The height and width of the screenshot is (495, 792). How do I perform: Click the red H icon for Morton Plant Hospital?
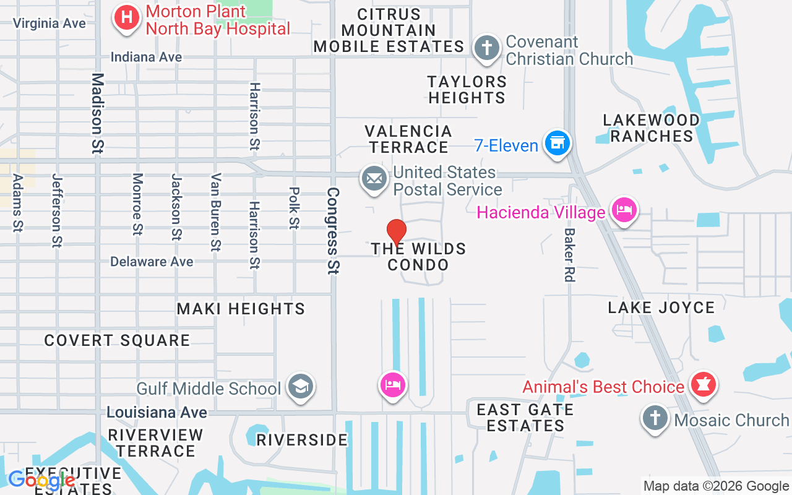coord(127,17)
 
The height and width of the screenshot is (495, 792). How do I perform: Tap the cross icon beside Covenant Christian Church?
coord(487,48)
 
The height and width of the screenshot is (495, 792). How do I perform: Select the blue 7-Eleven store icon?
coord(557,144)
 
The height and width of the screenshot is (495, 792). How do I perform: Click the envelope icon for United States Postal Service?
coord(374,179)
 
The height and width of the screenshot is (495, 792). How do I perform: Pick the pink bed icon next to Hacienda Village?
coord(624,210)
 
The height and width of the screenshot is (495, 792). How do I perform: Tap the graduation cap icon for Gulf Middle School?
coord(301,387)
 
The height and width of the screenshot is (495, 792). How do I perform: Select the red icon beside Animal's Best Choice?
coord(703,384)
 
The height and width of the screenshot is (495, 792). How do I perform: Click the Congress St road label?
coord(334,230)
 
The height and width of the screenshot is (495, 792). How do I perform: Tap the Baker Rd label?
coord(569,255)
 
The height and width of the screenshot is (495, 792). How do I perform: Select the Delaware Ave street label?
coord(152,262)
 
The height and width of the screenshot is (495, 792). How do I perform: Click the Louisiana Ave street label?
coord(157,412)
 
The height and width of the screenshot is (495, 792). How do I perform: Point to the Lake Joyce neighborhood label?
coord(661,308)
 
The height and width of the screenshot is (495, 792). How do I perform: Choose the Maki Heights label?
coord(241,309)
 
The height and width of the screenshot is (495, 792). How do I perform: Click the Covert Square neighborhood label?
coord(117,340)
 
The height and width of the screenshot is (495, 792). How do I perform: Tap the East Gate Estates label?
coord(525,418)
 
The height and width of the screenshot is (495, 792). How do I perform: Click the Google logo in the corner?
coord(42,480)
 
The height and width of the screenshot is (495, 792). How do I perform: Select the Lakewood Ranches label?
coord(652,128)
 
